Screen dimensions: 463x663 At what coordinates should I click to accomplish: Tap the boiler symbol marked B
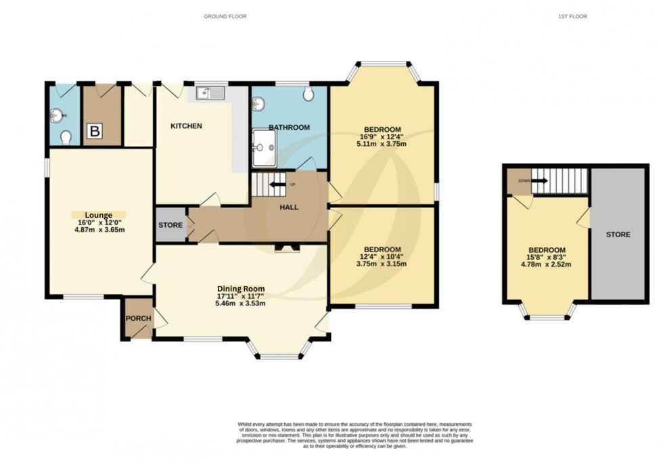click(x=94, y=132)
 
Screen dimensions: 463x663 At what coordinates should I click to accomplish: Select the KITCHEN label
click(x=186, y=126)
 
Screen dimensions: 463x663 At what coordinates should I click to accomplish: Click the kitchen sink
click(x=209, y=93)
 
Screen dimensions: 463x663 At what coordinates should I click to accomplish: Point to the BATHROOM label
click(x=289, y=127)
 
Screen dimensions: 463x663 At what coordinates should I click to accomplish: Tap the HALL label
click(x=290, y=208)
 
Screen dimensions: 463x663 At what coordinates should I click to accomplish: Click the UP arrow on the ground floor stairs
click(x=278, y=183)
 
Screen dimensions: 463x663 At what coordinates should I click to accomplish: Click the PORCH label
click(x=139, y=319)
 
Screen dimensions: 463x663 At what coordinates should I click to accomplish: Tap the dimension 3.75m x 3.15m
click(x=382, y=265)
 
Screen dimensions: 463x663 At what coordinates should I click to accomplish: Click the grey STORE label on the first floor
click(x=618, y=235)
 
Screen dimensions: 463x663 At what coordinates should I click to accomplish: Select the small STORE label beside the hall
click(x=170, y=225)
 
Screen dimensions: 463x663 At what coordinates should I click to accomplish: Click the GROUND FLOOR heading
click(x=225, y=16)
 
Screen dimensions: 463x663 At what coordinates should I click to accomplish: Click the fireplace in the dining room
click(x=283, y=249)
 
